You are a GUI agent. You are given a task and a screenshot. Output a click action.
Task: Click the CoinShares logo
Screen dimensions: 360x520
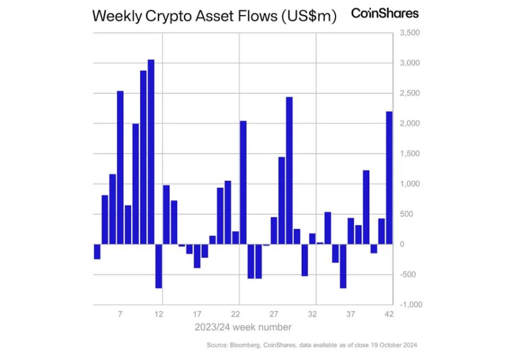[385, 13]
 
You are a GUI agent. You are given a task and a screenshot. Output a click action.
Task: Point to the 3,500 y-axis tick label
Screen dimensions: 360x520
[409, 33]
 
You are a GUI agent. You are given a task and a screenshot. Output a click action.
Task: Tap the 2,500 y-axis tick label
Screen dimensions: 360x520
[409, 93]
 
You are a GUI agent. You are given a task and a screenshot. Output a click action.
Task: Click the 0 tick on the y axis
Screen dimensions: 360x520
[401, 244]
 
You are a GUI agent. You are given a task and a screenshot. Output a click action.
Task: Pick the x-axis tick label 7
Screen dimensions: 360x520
[120, 315]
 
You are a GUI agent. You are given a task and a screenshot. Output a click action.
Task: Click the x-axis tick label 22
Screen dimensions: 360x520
[236, 315]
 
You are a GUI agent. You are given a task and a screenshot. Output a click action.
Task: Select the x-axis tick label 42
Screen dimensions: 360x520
[389, 315]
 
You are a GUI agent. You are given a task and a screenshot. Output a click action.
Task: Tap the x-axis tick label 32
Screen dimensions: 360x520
[313, 315]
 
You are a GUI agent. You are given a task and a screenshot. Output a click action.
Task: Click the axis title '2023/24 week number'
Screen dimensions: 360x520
[243, 327]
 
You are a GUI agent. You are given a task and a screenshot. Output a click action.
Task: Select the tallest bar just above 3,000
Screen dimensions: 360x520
[151, 151]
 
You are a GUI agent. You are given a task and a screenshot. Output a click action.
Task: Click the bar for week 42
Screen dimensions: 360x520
[389, 177]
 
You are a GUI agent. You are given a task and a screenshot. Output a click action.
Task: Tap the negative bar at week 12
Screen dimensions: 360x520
[158, 266]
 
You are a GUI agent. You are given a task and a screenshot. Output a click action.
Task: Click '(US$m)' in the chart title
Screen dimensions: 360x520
[307, 16]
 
